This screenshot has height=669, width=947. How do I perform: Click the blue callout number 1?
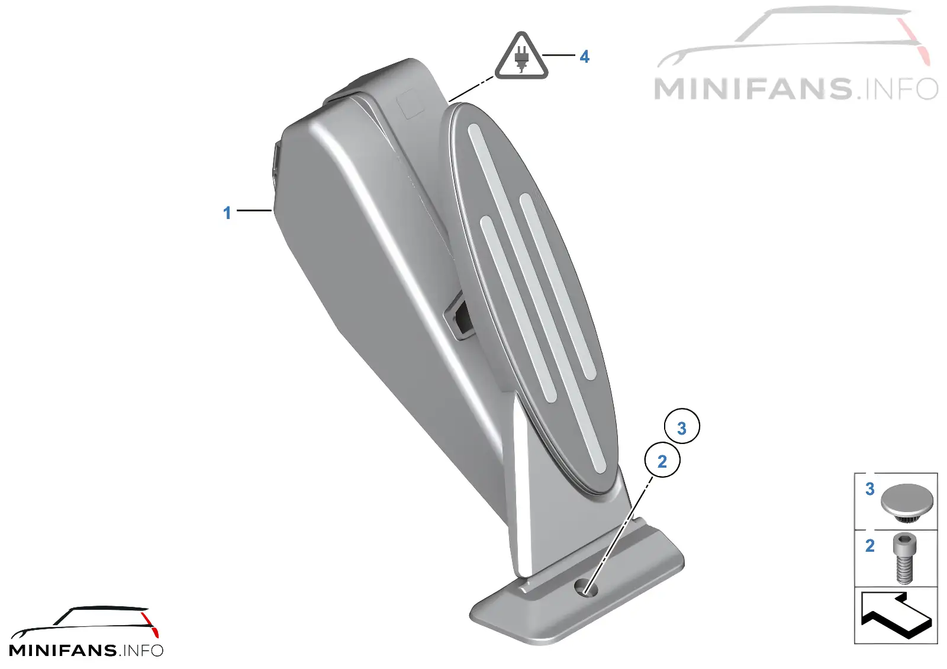click(227, 213)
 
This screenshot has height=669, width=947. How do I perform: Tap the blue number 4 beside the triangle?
click(584, 57)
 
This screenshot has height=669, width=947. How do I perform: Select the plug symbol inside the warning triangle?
click(521, 59)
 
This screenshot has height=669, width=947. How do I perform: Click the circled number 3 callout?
click(682, 426)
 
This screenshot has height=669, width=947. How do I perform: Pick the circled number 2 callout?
click(662, 459)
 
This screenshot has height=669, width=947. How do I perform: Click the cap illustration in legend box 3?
click(906, 503)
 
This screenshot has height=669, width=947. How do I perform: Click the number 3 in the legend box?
click(869, 489)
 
